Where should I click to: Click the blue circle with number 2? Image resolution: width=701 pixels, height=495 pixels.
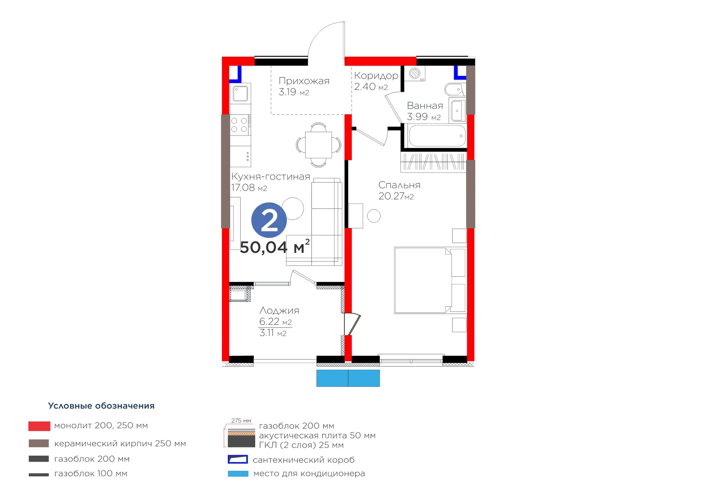pyautogui.click(x=269, y=220)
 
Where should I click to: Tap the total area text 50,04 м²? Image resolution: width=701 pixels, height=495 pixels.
pyautogui.click(x=275, y=246)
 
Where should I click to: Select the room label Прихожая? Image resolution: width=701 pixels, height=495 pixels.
pyautogui.click(x=304, y=81)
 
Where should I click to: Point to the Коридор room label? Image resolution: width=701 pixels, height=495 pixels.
pyautogui.click(x=376, y=76)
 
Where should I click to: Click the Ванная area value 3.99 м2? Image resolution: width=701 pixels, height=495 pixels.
pyautogui.click(x=424, y=117)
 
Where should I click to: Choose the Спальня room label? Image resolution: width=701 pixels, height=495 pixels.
pyautogui.click(x=399, y=185)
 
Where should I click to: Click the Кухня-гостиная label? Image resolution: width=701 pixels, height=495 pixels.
pyautogui.click(x=271, y=176)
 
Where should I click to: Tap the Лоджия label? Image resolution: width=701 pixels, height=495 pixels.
pyautogui.click(x=279, y=310)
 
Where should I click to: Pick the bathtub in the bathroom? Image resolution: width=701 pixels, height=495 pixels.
pyautogui.click(x=437, y=136)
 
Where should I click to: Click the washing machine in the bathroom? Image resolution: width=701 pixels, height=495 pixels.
pyautogui.click(x=415, y=74)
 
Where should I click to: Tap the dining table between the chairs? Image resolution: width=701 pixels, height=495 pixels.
pyautogui.click(x=318, y=145)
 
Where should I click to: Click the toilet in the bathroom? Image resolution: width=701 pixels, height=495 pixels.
pyautogui.click(x=455, y=90)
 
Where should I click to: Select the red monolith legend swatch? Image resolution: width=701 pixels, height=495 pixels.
pyautogui.click(x=39, y=426)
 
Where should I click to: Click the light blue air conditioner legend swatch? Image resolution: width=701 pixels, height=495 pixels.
pyautogui.click(x=238, y=474)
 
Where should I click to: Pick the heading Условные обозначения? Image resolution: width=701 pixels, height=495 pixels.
pyautogui.click(x=101, y=406)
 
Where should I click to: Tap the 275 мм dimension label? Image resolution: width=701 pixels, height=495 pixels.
pyautogui.click(x=241, y=421)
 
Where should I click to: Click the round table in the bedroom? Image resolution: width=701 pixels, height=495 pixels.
pyautogui.click(x=374, y=216)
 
